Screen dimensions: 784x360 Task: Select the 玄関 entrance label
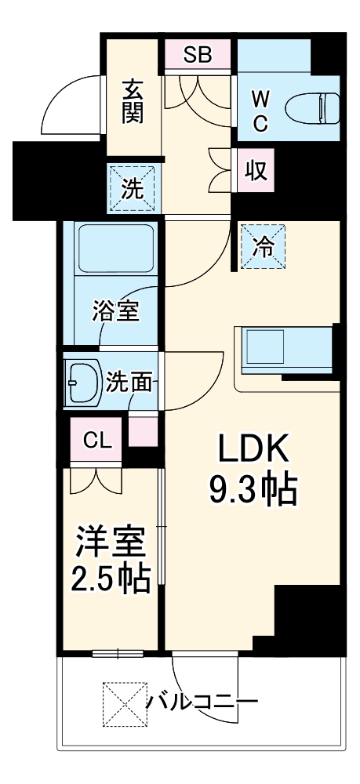(132, 103)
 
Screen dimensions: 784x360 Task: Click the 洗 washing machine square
(131, 188)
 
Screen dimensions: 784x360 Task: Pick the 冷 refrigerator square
(263, 246)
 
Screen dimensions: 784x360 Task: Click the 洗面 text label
(130, 383)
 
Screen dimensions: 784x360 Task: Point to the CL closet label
(98, 440)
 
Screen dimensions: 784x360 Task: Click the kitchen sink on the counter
(265, 344)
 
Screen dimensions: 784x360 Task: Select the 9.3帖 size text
(252, 489)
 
